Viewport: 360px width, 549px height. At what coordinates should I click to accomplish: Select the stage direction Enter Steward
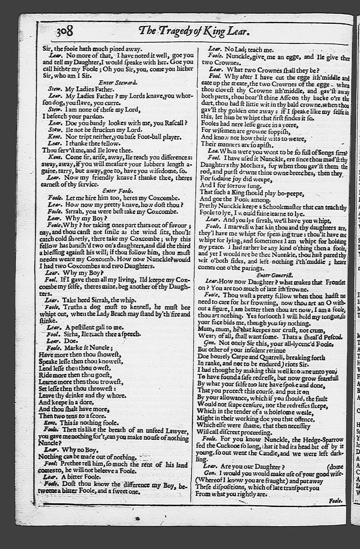click(x=118, y=82)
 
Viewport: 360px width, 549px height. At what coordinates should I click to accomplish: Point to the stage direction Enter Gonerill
click(x=275, y=274)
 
